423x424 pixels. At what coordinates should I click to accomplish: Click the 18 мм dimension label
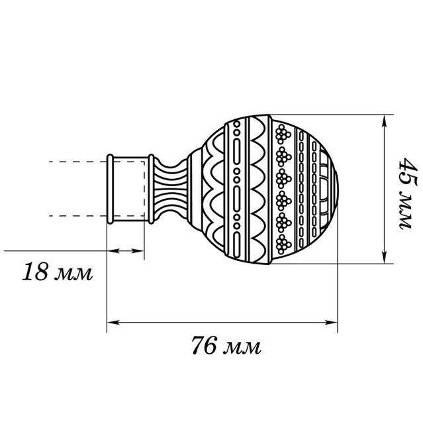click(x=58, y=272)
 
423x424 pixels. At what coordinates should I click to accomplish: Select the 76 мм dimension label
click(x=226, y=346)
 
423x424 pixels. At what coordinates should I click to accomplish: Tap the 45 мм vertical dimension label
click(x=407, y=193)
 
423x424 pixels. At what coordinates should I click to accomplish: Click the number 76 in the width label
click(x=203, y=346)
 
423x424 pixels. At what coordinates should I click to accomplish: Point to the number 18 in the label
click(x=35, y=272)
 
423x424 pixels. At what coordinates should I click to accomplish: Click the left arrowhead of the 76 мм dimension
click(x=113, y=323)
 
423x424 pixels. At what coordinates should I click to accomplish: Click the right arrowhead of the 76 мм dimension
click(x=332, y=323)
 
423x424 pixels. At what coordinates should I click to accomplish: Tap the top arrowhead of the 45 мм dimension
click(x=384, y=121)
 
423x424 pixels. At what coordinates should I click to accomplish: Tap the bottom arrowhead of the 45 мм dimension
click(x=384, y=257)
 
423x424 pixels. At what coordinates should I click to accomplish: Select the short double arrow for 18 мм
click(x=126, y=251)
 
